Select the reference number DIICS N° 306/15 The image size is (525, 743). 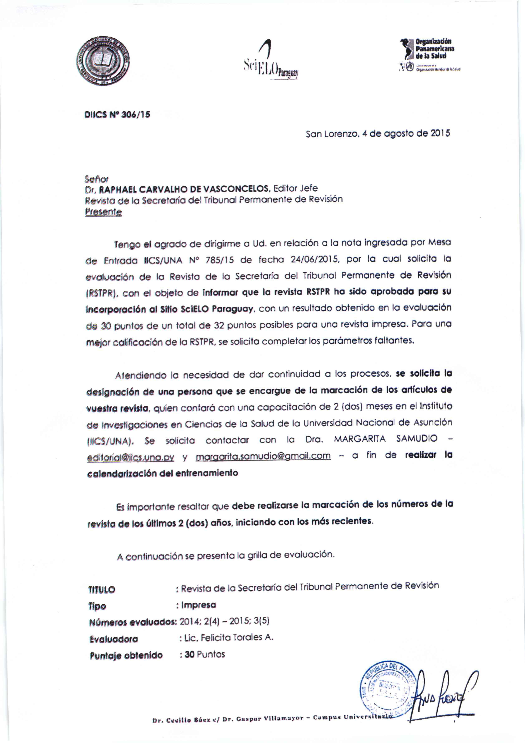(117, 115)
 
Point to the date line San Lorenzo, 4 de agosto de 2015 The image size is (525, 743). (378, 134)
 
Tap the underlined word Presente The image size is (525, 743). (103, 212)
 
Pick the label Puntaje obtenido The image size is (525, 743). (126, 655)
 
